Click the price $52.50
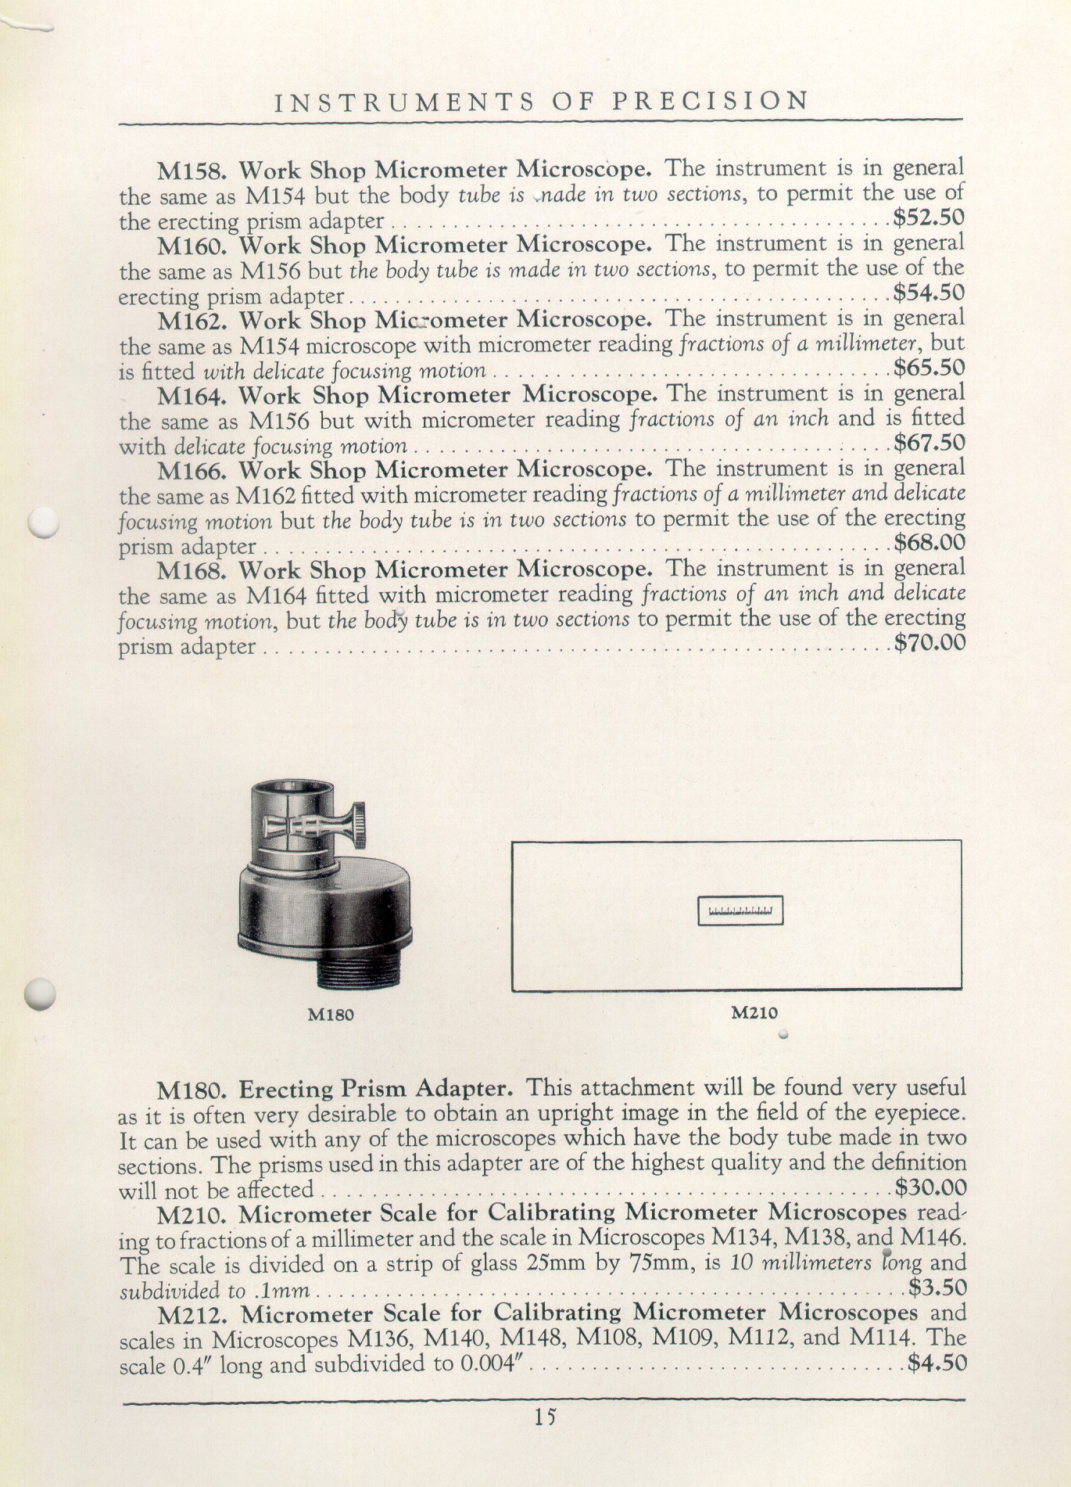tap(929, 217)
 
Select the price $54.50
tap(929, 293)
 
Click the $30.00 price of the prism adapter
tap(930, 1188)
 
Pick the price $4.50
tap(937, 1363)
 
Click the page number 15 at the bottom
tap(545, 1417)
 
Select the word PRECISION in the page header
tap(710, 101)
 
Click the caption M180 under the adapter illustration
tap(331, 1015)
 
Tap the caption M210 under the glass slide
tap(754, 1012)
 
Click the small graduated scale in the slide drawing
tap(740, 911)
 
